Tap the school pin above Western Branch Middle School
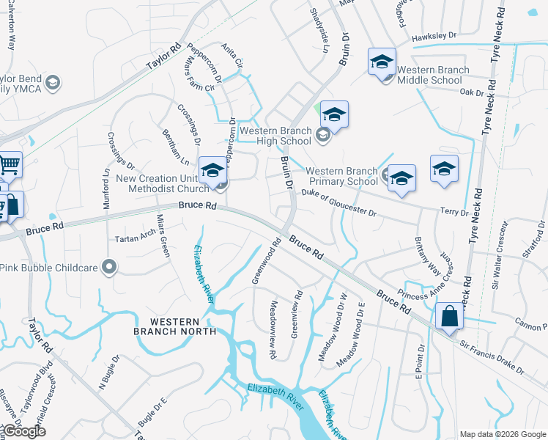pos(382,63)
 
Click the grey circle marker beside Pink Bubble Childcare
pos(110,267)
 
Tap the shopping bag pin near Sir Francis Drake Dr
pos(449,318)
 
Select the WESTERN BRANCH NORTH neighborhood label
pos(176,327)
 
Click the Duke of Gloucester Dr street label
pos(338,202)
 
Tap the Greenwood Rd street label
pos(267,254)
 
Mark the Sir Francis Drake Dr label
pos(492,357)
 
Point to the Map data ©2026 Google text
pos(503,434)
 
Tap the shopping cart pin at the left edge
pos(10,165)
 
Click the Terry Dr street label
pos(454,212)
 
